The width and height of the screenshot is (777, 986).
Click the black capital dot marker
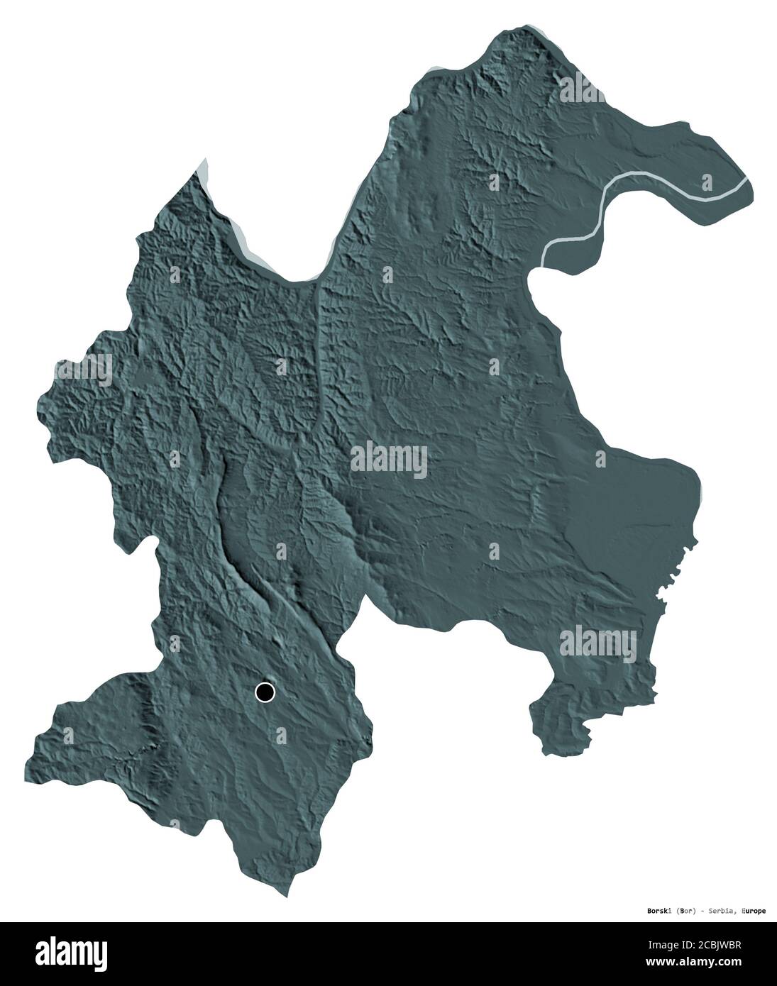pyautogui.click(x=265, y=692)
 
